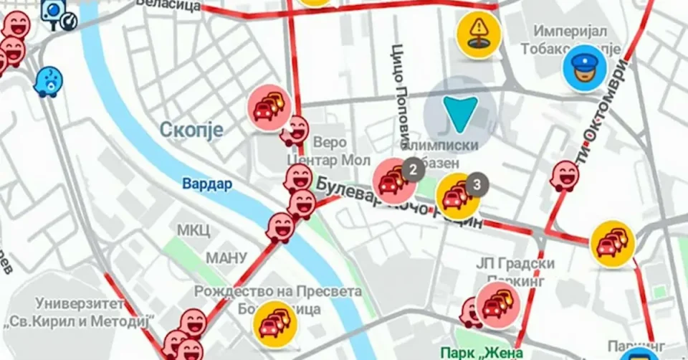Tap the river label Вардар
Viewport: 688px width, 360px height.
207,184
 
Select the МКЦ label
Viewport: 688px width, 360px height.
193,230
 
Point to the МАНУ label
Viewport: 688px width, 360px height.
226,257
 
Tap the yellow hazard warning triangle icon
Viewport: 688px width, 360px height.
478,32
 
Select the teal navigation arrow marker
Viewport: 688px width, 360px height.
459,114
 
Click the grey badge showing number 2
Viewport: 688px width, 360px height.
413,169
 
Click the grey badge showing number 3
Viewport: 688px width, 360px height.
477,184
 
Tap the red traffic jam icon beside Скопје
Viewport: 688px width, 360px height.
269,108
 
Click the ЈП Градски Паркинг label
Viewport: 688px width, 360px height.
515,272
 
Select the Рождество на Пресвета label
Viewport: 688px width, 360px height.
278,293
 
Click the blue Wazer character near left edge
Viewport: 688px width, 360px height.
48,81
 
